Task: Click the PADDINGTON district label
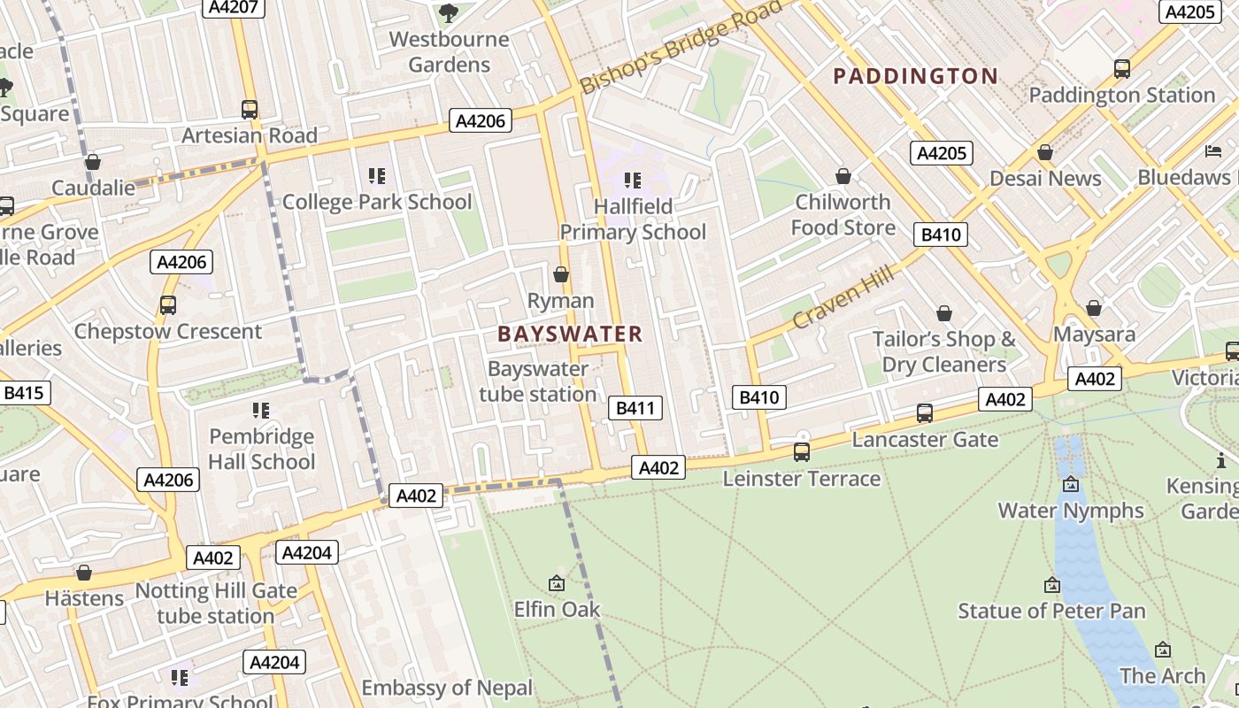[916, 76]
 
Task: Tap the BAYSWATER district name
[570, 334]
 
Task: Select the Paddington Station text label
[1121, 95]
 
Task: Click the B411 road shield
[635, 408]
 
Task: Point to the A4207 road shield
[232, 8]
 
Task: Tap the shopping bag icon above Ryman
[560, 274]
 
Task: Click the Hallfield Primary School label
[633, 219]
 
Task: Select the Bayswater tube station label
[538, 381]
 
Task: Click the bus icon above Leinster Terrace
[802, 452]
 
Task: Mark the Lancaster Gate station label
[925, 439]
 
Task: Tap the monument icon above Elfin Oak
[557, 583]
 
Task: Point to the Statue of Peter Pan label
[1051, 611]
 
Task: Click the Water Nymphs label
[1071, 511]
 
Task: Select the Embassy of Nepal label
[447, 688]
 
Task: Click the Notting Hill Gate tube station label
[216, 603]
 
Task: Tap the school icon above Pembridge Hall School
[260, 410]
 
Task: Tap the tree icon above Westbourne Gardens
[449, 12]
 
